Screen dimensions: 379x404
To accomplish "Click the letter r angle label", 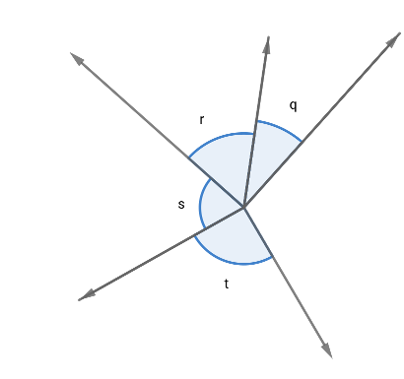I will (x=201, y=120).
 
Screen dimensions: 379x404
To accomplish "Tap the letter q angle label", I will (x=293, y=102).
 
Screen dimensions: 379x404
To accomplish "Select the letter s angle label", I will (x=181, y=205).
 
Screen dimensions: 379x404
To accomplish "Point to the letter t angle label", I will (x=227, y=284).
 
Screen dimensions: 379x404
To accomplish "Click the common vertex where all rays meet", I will (x=243, y=207).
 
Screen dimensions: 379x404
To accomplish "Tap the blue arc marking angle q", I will (x=281, y=127).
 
